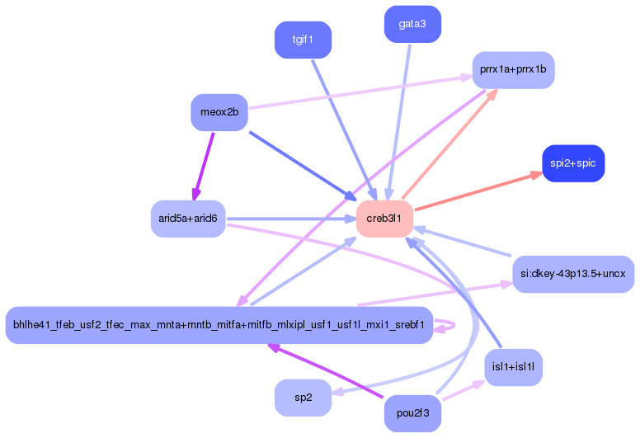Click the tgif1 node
[x=303, y=40]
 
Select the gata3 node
[x=412, y=24]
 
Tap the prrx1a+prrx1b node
[x=514, y=70]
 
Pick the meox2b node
[x=219, y=112]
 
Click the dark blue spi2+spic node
[x=573, y=163]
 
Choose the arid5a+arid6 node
[x=188, y=219]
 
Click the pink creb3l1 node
[x=384, y=219]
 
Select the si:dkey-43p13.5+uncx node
[x=573, y=274]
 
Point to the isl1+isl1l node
[x=514, y=367]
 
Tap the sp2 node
[x=303, y=398]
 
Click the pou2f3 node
[x=412, y=413]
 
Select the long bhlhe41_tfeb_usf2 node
[x=219, y=325]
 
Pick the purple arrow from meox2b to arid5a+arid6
[x=204, y=166]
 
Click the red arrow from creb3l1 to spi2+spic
[x=478, y=191]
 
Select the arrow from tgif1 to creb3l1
[x=344, y=130]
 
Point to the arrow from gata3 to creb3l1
[x=399, y=122]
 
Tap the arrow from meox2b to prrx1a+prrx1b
[x=360, y=92]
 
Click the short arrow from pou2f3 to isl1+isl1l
[x=464, y=390]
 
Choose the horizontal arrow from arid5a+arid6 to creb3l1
[x=291, y=219]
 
